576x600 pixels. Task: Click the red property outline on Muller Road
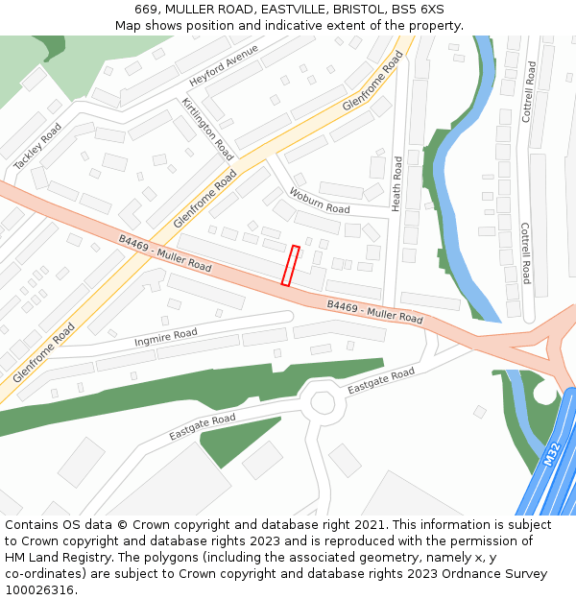[290, 266]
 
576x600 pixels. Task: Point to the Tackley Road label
[38, 147]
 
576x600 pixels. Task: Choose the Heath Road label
[396, 181]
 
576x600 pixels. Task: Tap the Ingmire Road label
[166, 336]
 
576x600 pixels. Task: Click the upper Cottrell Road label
[528, 92]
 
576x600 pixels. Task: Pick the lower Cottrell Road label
[525, 253]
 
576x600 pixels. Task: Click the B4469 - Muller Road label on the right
[374, 311]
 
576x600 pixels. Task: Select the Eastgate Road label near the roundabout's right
[381, 381]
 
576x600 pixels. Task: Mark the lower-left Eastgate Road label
[202, 427]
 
